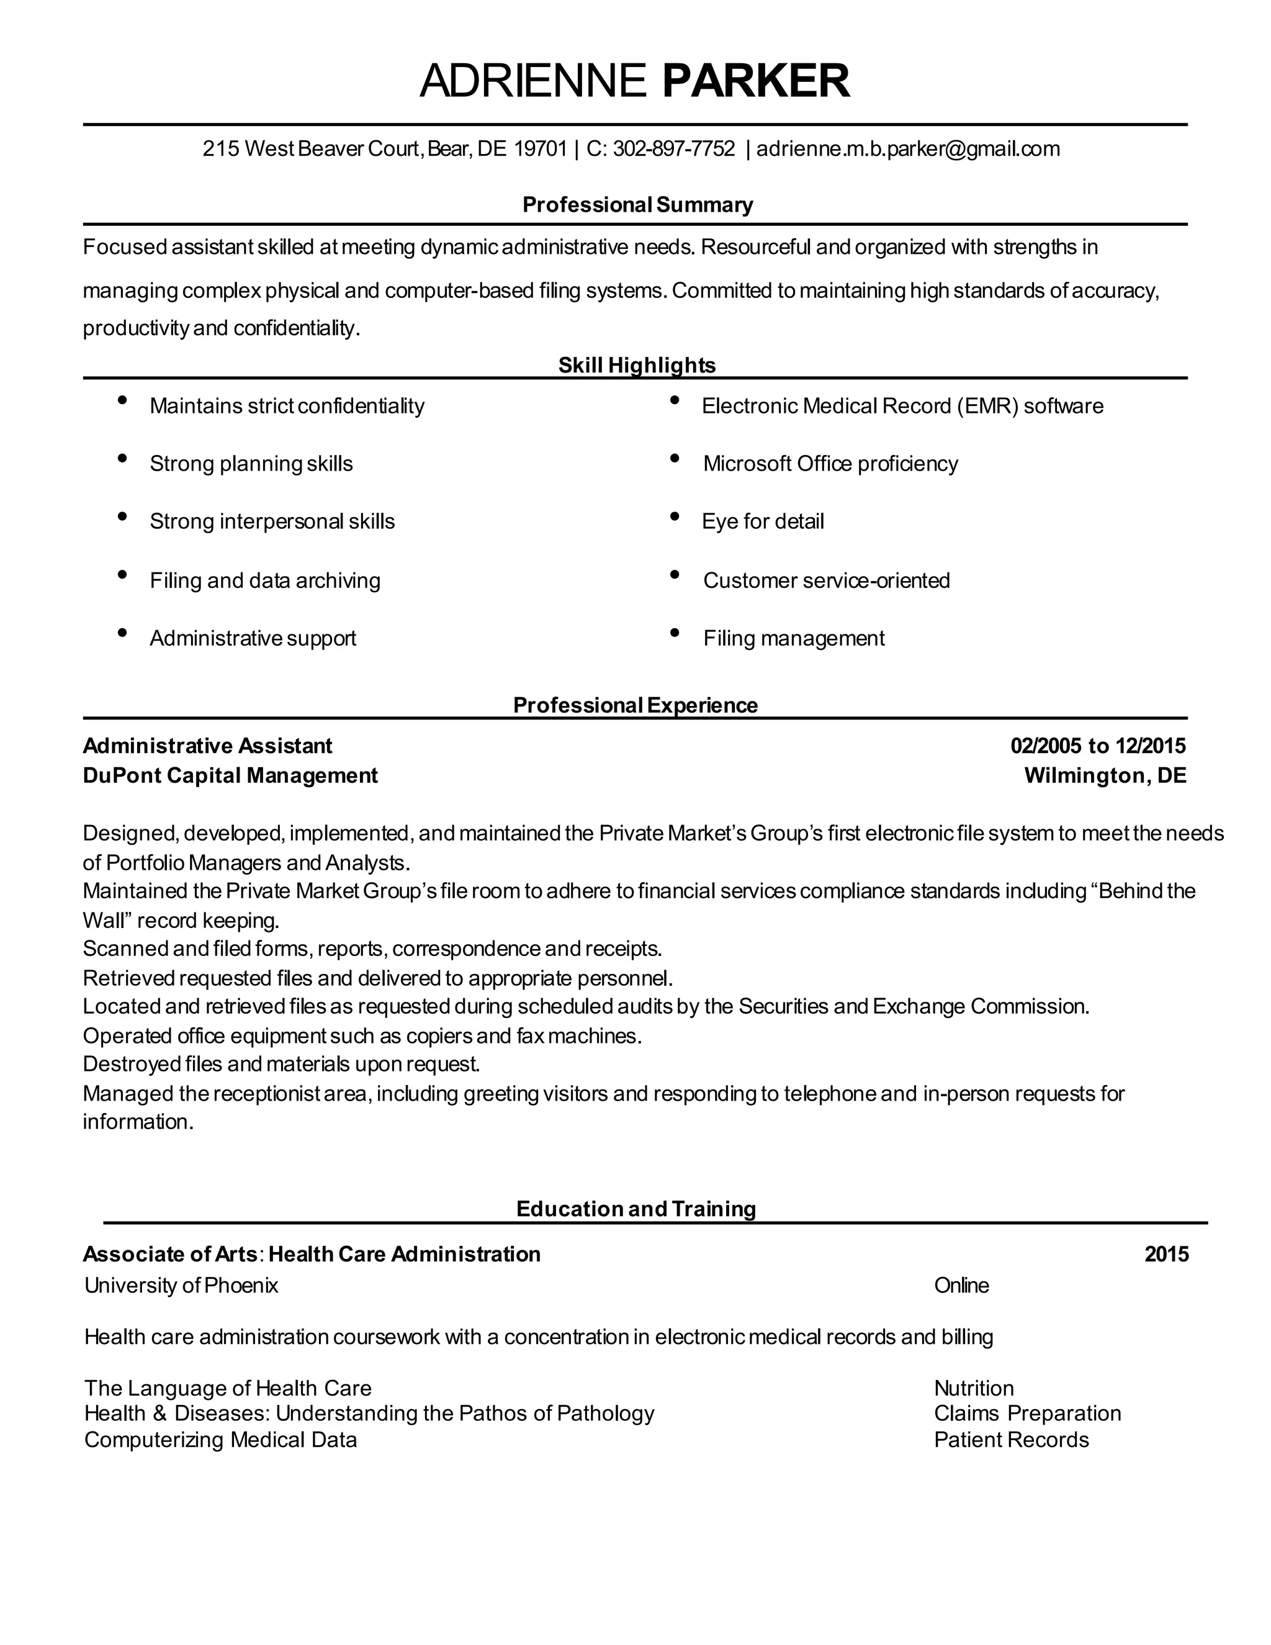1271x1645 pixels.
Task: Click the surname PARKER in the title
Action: tap(755, 81)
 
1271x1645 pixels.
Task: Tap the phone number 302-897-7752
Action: tap(673, 149)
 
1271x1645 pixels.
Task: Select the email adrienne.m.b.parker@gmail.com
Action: tap(907, 149)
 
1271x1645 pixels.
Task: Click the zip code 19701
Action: tap(539, 149)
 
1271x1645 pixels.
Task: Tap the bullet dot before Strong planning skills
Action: tap(122, 458)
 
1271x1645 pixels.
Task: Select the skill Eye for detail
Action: tap(762, 521)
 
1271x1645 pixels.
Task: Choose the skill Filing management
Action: tap(793, 638)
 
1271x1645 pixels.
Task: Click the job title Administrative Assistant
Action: tap(207, 746)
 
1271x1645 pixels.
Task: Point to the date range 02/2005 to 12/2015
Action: tap(1097, 746)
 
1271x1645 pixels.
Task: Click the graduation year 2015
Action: tap(1165, 1254)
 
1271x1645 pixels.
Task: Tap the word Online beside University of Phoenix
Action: tap(961, 1285)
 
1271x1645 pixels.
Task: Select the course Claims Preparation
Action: tap(1027, 1413)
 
